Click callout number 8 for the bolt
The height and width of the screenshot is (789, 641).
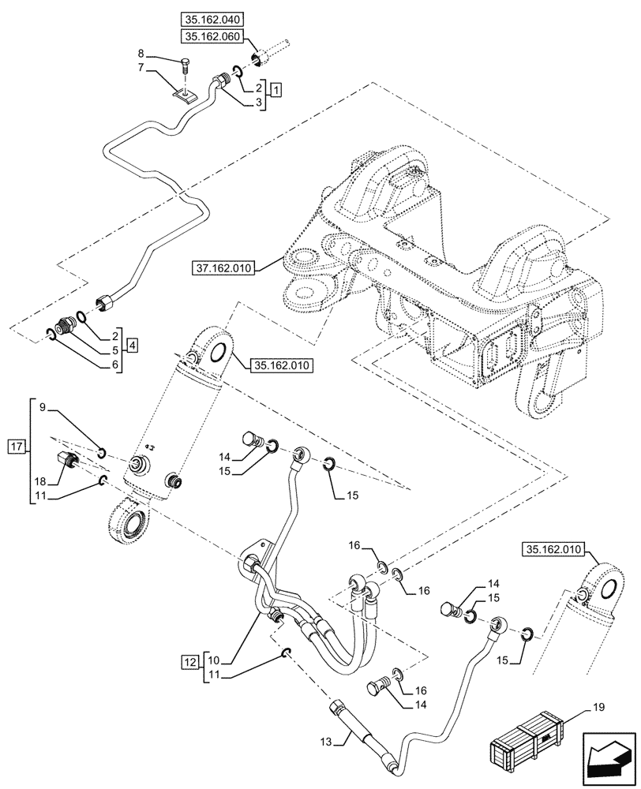[x=141, y=54]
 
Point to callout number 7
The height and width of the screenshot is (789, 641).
[x=141, y=69]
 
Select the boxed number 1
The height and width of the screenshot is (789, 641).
[x=275, y=89]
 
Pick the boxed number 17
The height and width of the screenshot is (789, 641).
[x=17, y=447]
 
